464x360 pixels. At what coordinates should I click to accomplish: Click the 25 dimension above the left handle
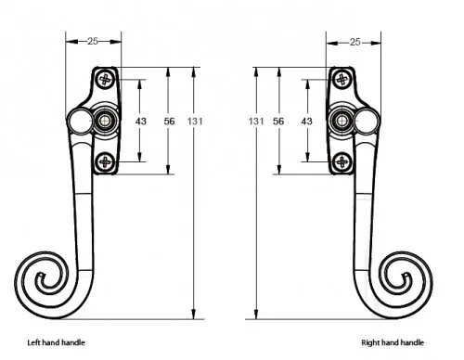coord(93,41)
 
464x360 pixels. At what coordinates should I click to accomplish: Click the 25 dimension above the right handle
coord(355,42)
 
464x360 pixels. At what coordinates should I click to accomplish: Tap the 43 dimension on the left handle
coord(141,122)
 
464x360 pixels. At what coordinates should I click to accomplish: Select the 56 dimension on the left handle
coord(169,122)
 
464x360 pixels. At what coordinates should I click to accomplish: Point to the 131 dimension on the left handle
coord(195,122)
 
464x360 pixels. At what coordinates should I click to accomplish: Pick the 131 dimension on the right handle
coord(256,122)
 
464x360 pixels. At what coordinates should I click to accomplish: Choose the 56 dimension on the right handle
coord(278,122)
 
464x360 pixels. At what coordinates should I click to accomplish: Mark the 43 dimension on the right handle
coord(306,122)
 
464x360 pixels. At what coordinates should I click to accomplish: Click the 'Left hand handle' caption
coord(56,342)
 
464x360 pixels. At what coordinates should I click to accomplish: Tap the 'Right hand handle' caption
coord(393,342)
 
